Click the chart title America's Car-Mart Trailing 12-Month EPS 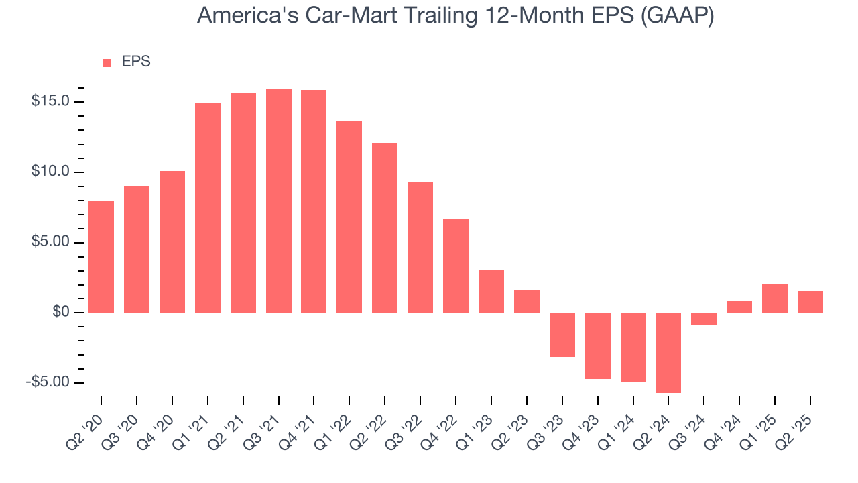click(429, 16)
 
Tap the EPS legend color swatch click(107, 62)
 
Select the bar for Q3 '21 click(278, 201)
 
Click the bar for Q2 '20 click(101, 256)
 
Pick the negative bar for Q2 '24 click(668, 352)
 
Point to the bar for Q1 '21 click(208, 208)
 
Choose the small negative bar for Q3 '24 click(704, 319)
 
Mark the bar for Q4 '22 click(456, 266)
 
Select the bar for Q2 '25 click(810, 302)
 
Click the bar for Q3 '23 click(562, 335)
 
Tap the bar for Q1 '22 click(349, 217)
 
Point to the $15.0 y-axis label click(51, 102)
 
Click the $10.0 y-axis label click(51, 172)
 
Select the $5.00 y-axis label click(51, 242)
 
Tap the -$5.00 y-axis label click(49, 382)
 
